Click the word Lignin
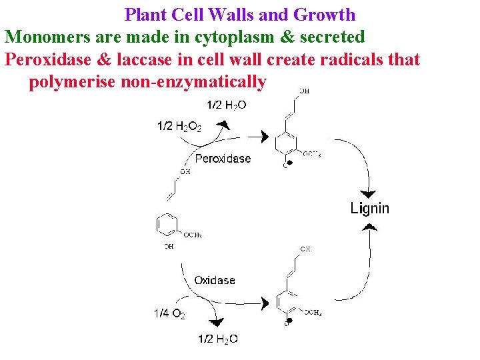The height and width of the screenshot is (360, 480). click(x=369, y=208)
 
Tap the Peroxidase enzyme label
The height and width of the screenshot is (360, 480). click(x=223, y=159)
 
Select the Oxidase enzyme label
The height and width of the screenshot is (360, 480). click(x=215, y=281)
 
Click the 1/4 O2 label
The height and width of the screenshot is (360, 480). click(x=169, y=313)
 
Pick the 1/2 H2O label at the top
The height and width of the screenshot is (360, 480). click(x=227, y=104)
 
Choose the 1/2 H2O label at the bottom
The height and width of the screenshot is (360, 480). click(x=218, y=339)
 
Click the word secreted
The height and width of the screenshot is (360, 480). click(x=333, y=37)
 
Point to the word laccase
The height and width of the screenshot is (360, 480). click(x=144, y=59)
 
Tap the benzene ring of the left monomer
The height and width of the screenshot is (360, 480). click(x=166, y=225)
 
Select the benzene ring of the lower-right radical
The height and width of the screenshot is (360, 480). click(x=287, y=303)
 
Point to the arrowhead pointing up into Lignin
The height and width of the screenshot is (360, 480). click(x=369, y=227)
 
